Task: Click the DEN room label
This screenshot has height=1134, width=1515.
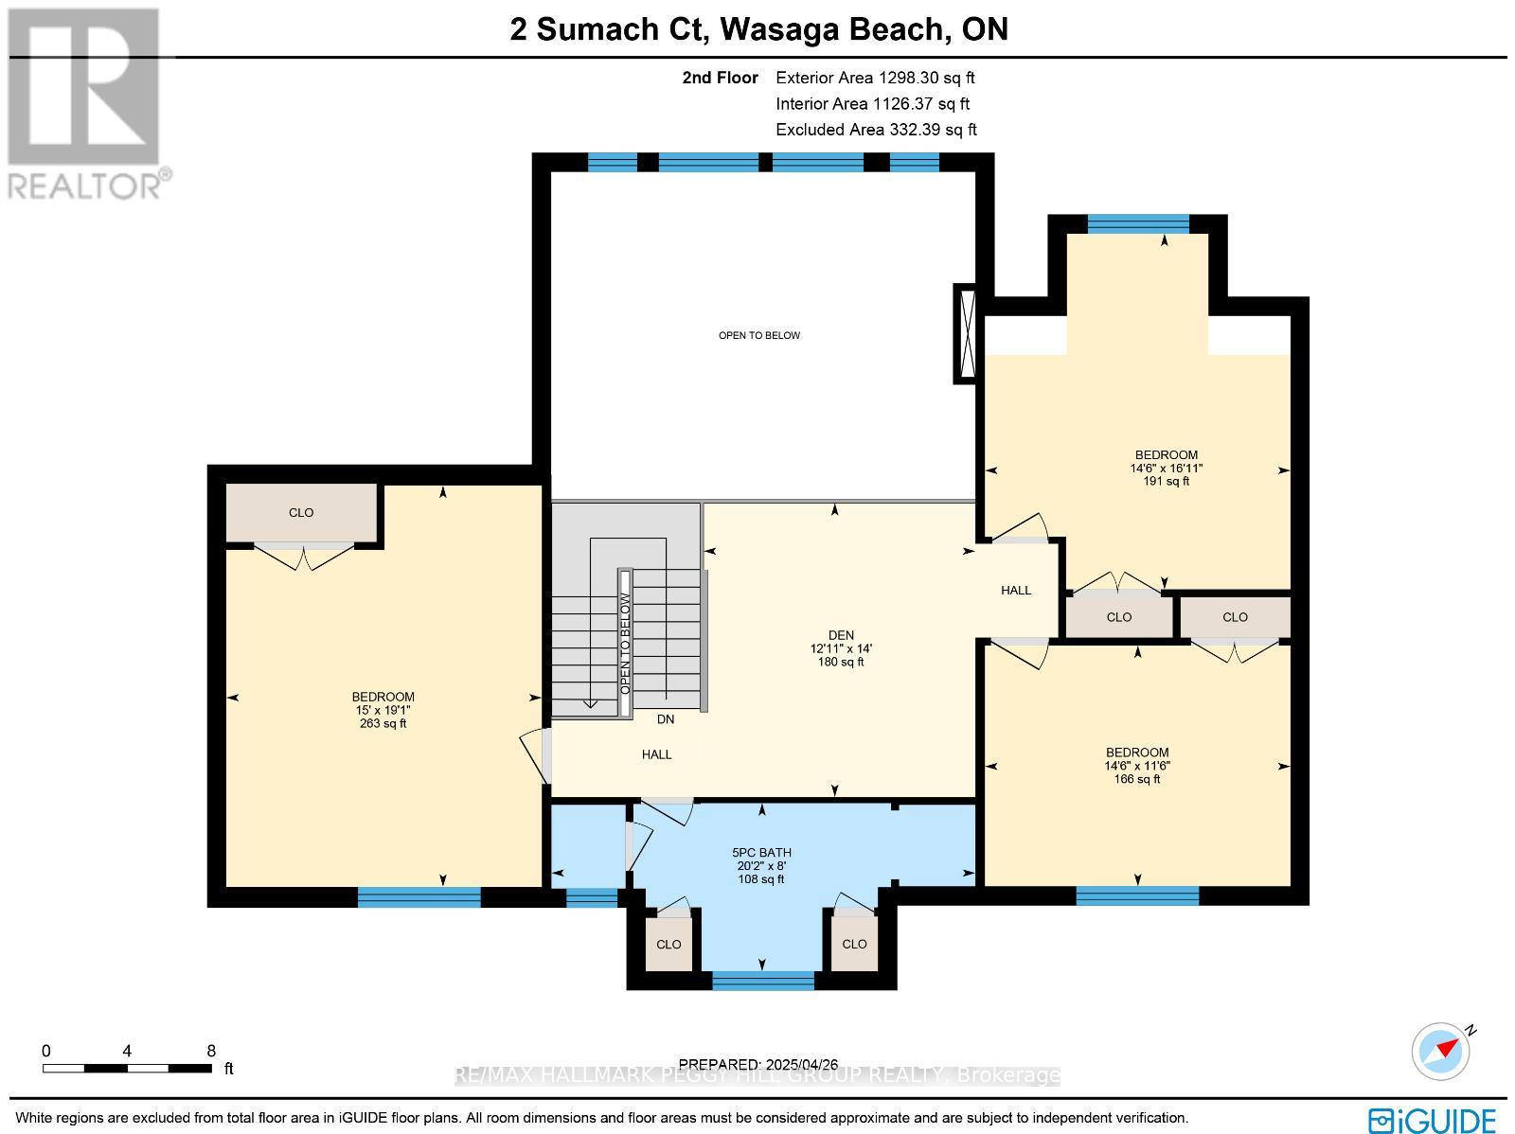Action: pyautogui.click(x=841, y=648)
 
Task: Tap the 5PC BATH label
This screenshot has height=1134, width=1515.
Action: pyautogui.click(x=761, y=865)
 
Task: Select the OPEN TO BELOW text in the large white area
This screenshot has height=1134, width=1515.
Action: pyautogui.click(x=759, y=335)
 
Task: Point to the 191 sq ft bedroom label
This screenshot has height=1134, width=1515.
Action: pyautogui.click(x=1166, y=468)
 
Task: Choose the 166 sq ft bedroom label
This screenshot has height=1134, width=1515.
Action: pyautogui.click(x=1136, y=766)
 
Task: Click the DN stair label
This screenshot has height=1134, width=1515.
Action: pyautogui.click(x=666, y=719)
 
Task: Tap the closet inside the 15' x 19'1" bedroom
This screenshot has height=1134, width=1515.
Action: pyautogui.click(x=301, y=513)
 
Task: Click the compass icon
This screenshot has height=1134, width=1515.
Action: pyautogui.click(x=1441, y=1051)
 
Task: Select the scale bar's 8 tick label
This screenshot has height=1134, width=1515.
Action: pyautogui.click(x=211, y=1051)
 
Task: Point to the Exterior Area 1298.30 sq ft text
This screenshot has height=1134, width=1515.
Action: pyautogui.click(x=875, y=79)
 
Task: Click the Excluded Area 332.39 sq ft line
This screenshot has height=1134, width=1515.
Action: pyautogui.click(x=876, y=130)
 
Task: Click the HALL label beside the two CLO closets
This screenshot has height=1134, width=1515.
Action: pyautogui.click(x=1016, y=591)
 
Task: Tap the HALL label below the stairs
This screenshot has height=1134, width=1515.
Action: pyautogui.click(x=656, y=754)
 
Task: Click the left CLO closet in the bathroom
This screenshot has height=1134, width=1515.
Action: pyautogui.click(x=668, y=944)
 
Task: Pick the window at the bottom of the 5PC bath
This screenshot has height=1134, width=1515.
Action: pyautogui.click(x=763, y=981)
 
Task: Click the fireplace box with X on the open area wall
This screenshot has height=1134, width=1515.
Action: pyautogui.click(x=966, y=333)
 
